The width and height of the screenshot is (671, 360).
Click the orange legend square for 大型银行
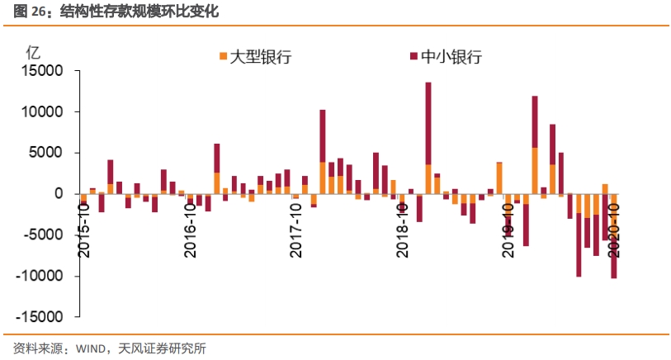(222, 56)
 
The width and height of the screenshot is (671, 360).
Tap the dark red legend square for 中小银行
(413, 56)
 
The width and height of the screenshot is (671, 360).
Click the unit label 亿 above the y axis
(34, 50)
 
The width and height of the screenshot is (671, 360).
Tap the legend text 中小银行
(451, 56)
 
